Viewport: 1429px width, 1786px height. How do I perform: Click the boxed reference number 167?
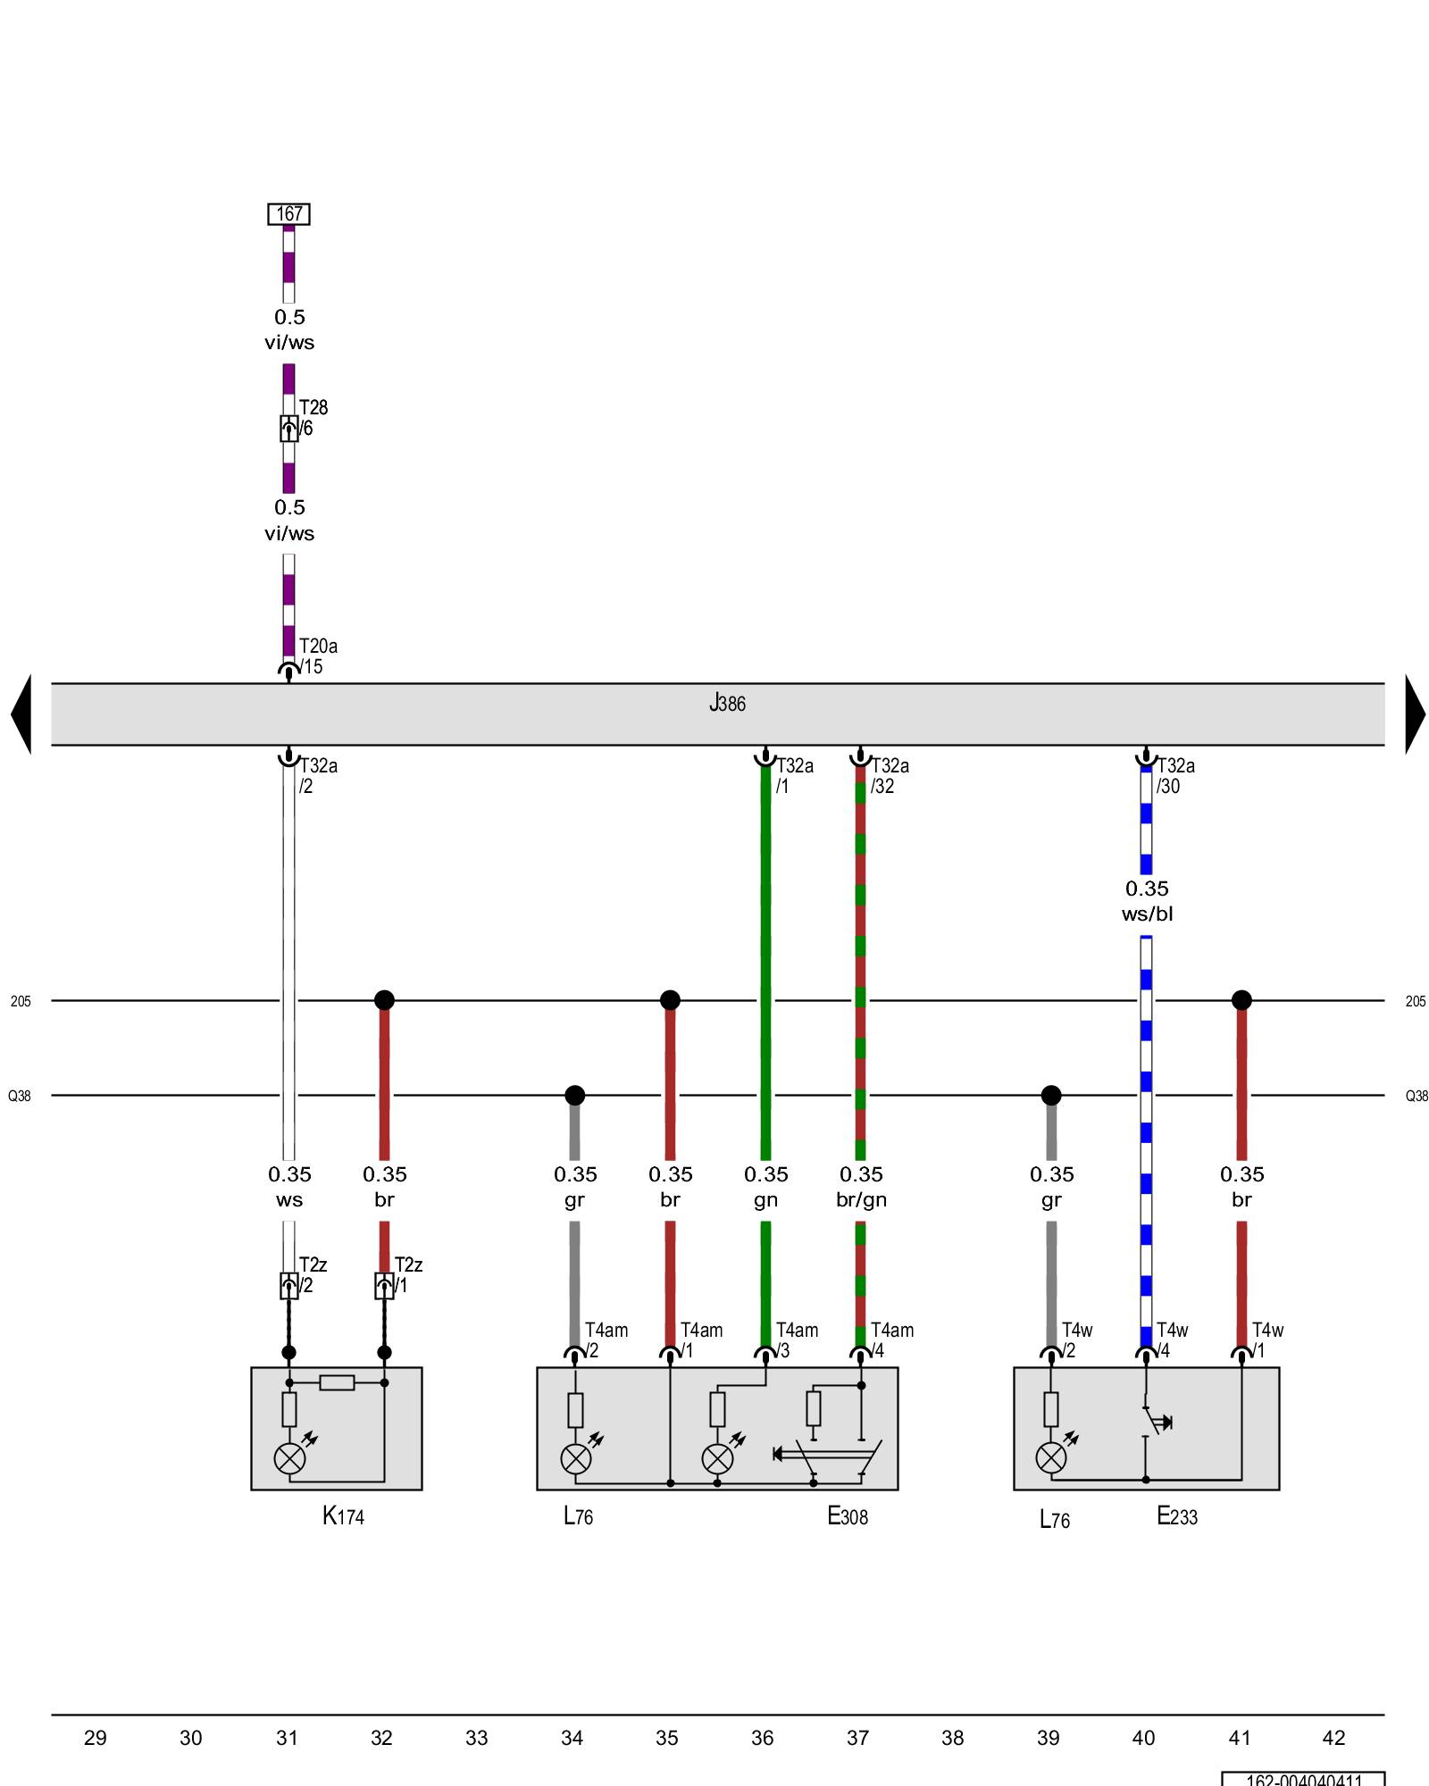[x=288, y=214]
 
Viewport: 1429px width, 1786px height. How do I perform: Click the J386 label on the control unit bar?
[x=727, y=704]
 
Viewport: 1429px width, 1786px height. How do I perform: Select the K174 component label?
[x=343, y=1515]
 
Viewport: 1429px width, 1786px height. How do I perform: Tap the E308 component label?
[x=847, y=1515]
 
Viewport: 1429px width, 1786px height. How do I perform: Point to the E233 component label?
[x=1176, y=1515]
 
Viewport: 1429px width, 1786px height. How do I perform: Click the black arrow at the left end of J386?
[x=21, y=714]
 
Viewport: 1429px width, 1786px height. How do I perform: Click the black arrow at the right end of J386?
[x=1415, y=714]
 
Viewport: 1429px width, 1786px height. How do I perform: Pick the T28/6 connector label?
[x=313, y=418]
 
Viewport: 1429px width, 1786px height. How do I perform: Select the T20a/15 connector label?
[x=317, y=656]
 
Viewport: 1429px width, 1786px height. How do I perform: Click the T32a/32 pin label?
[x=890, y=776]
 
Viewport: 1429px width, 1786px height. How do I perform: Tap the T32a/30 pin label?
[x=1174, y=776]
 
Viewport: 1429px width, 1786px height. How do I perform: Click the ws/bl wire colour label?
[x=1147, y=914]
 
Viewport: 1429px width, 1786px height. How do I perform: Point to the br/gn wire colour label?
[x=861, y=1199]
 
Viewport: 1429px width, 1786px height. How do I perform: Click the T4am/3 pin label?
[x=796, y=1339]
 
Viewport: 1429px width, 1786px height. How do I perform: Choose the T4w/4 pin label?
[x=1171, y=1339]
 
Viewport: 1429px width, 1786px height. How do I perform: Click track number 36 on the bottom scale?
[x=762, y=1738]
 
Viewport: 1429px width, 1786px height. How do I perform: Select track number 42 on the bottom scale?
[x=1333, y=1738]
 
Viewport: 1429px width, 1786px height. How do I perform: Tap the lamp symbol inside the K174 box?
[x=289, y=1458]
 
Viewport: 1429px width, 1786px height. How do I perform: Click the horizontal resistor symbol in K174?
[x=337, y=1382]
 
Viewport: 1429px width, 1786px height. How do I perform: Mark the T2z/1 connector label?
[x=407, y=1275]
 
